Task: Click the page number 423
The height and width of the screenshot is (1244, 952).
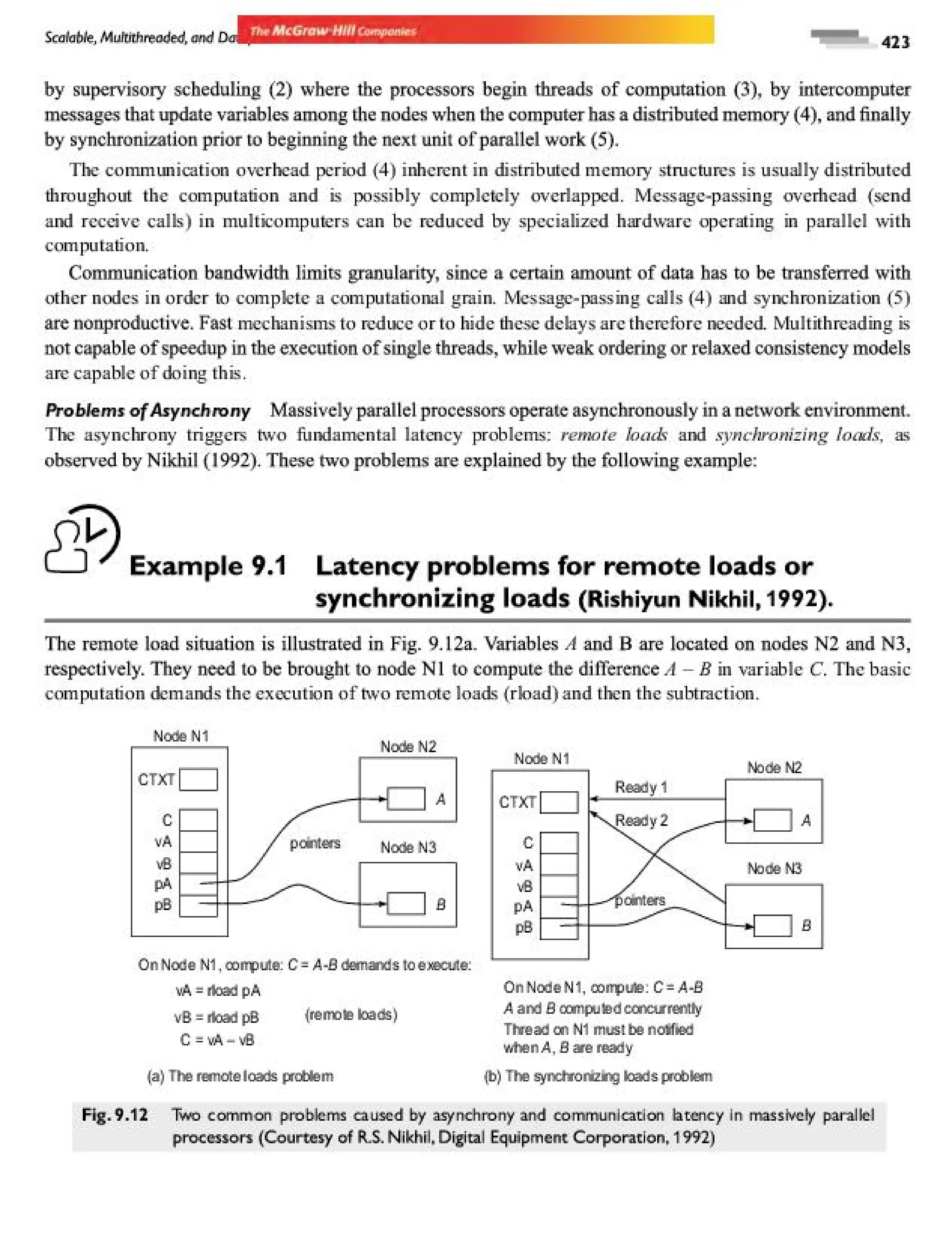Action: pyautogui.click(x=895, y=42)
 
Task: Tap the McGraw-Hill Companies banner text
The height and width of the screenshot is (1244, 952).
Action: pyautogui.click(x=333, y=31)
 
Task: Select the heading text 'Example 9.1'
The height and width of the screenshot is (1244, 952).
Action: pyautogui.click(x=208, y=566)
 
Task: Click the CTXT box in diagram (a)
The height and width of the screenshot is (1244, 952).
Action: pyautogui.click(x=198, y=779)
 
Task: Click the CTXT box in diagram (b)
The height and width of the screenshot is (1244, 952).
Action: pyautogui.click(x=559, y=802)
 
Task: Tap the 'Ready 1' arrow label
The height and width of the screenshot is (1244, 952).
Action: pyautogui.click(x=641, y=787)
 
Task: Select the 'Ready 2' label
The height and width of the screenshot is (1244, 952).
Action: pyautogui.click(x=641, y=820)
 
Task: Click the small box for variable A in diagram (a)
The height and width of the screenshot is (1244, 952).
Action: pyautogui.click(x=406, y=799)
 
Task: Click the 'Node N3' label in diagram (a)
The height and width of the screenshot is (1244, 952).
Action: pyautogui.click(x=408, y=847)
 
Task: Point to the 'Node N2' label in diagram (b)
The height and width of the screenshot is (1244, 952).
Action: pyautogui.click(x=774, y=768)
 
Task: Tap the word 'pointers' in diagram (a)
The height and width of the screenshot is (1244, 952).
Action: pyautogui.click(x=315, y=843)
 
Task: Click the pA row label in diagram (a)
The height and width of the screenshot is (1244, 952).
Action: pyautogui.click(x=163, y=884)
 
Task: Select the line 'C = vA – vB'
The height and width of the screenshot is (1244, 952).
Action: pyautogui.click(x=217, y=1040)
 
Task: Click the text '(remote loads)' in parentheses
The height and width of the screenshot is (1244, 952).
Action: pyautogui.click(x=351, y=1014)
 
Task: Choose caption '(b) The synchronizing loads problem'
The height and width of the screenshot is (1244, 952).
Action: pyautogui.click(x=598, y=1076)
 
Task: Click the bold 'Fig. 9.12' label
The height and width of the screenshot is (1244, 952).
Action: pyautogui.click(x=115, y=1115)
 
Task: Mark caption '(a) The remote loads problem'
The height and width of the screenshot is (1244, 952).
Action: pyautogui.click(x=240, y=1076)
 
